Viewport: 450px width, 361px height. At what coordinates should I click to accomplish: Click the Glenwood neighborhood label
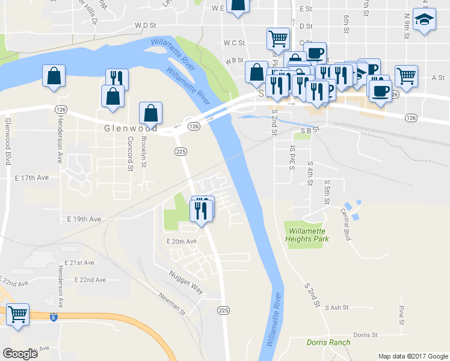click(131, 128)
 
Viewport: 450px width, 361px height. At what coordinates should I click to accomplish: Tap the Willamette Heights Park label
click(308, 235)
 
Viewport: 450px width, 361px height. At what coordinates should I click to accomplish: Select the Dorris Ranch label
click(328, 342)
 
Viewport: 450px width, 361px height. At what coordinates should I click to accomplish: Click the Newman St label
click(172, 302)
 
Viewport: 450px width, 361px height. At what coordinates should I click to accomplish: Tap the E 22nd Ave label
click(90, 280)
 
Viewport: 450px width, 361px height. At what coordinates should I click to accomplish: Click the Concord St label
click(130, 153)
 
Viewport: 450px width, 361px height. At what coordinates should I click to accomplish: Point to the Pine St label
click(401, 313)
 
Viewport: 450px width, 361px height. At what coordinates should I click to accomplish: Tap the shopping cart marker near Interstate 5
click(18, 313)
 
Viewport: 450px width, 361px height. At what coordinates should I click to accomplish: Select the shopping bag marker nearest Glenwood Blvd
click(54, 76)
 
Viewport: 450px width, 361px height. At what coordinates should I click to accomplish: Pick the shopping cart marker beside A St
click(407, 76)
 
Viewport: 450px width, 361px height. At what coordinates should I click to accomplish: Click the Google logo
click(21, 354)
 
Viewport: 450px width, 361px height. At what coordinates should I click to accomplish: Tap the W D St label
click(146, 26)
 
